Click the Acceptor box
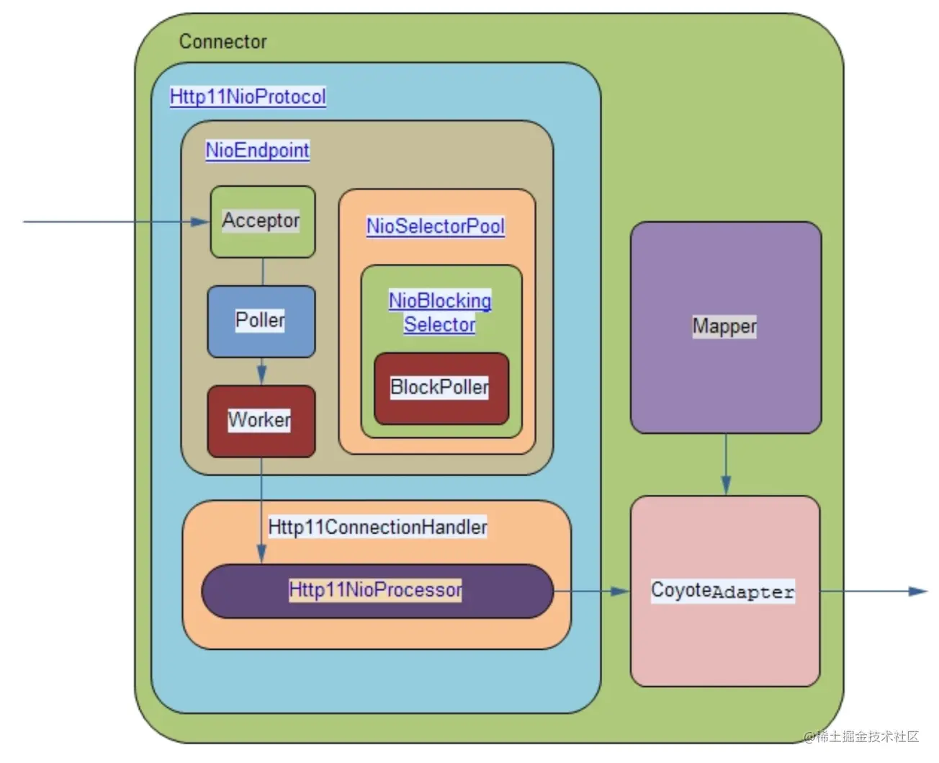click(262, 221)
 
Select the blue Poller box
click(261, 321)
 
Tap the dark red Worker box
click(261, 421)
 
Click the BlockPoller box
click(441, 388)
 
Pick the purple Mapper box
click(725, 327)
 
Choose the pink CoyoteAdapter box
click(724, 591)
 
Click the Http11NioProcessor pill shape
click(377, 591)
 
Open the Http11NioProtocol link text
click(248, 97)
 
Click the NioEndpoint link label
click(257, 150)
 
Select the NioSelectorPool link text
click(435, 226)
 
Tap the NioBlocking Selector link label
click(440, 312)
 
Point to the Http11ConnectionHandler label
click(377, 527)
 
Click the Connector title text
click(223, 42)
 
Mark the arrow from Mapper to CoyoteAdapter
click(726, 465)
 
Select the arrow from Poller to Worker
click(261, 372)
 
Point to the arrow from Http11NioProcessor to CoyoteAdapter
click(591, 591)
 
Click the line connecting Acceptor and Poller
click(263, 272)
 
